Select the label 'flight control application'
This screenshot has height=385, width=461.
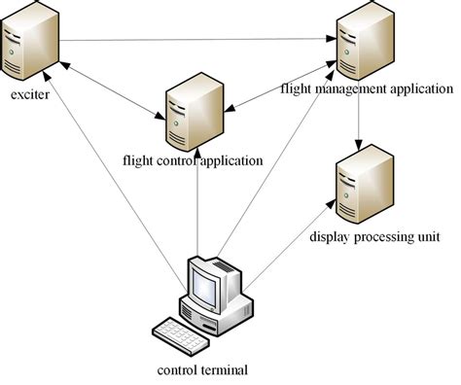[194, 159]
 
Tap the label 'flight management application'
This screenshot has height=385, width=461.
[366, 88]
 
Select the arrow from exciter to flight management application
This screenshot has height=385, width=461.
[195, 40]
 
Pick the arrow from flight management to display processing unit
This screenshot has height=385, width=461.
[361, 116]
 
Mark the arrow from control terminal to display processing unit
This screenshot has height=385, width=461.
[292, 243]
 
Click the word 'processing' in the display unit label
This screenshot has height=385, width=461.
[377, 235]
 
